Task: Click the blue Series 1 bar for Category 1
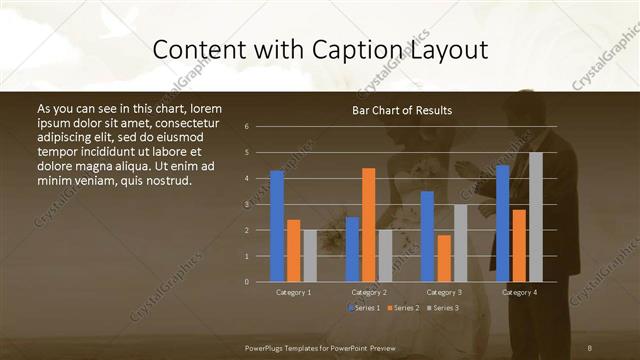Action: point(277,226)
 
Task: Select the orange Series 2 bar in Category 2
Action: point(368,224)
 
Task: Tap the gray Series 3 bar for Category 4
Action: point(535,217)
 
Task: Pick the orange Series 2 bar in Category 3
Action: point(444,258)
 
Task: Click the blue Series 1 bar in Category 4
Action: point(502,223)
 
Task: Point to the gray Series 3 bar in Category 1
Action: point(310,256)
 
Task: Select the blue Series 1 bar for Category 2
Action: point(352,249)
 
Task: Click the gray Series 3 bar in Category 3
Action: point(460,243)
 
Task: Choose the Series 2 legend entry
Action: point(402,307)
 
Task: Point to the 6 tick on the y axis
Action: point(246,127)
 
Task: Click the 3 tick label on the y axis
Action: point(246,205)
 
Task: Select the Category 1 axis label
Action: point(293,292)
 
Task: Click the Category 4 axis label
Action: point(518,292)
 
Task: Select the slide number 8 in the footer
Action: point(590,346)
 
